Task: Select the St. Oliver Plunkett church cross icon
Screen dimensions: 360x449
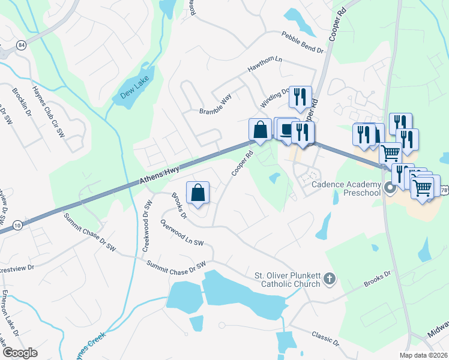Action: [x=329, y=278]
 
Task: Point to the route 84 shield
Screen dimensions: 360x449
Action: [x=22, y=46]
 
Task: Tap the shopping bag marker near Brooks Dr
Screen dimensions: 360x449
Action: [x=198, y=193]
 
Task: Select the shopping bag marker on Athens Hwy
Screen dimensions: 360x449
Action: [x=260, y=130]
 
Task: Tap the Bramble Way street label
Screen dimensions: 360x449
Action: [x=215, y=103]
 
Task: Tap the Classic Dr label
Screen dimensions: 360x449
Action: [x=324, y=338]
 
